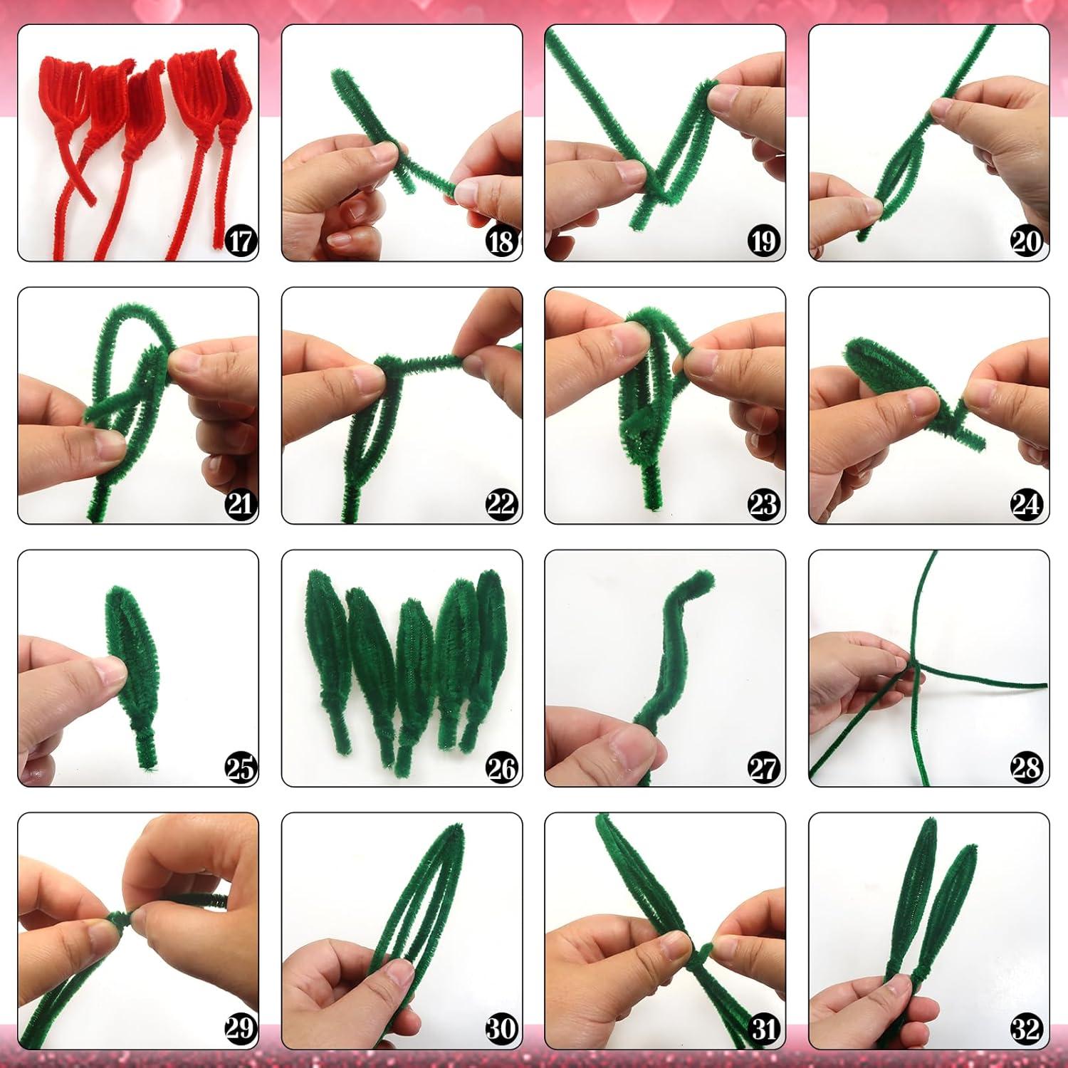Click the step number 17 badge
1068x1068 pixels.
click(241, 241)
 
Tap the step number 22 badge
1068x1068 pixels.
click(501, 504)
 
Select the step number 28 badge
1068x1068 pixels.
click(1026, 768)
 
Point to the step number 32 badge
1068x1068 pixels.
click(1026, 1030)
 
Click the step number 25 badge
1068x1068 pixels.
click(241, 768)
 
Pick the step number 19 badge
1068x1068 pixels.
click(763, 241)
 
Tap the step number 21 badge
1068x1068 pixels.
click(241, 504)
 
